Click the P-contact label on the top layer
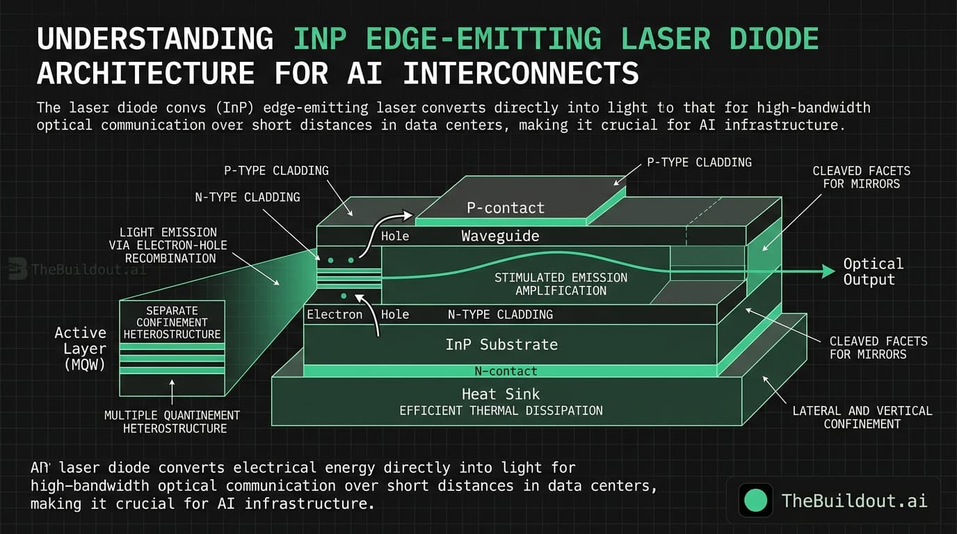(506, 208)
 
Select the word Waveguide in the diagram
(500, 236)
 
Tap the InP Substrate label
(501, 344)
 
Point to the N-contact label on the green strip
(506, 371)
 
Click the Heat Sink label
(501, 394)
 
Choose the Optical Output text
(873, 272)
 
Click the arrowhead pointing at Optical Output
(828, 271)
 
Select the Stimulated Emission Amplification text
(561, 284)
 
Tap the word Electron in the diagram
(335, 314)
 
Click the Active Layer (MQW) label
(81, 348)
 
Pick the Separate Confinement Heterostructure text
(172, 323)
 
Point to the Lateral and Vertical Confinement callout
(862, 417)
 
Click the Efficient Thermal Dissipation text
(501, 410)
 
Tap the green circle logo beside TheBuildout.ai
(755, 500)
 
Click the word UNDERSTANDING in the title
(155, 38)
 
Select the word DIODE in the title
(773, 38)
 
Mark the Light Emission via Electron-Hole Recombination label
(168, 245)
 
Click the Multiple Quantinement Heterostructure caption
(172, 421)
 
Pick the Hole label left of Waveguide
(395, 236)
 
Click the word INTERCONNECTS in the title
(521, 73)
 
